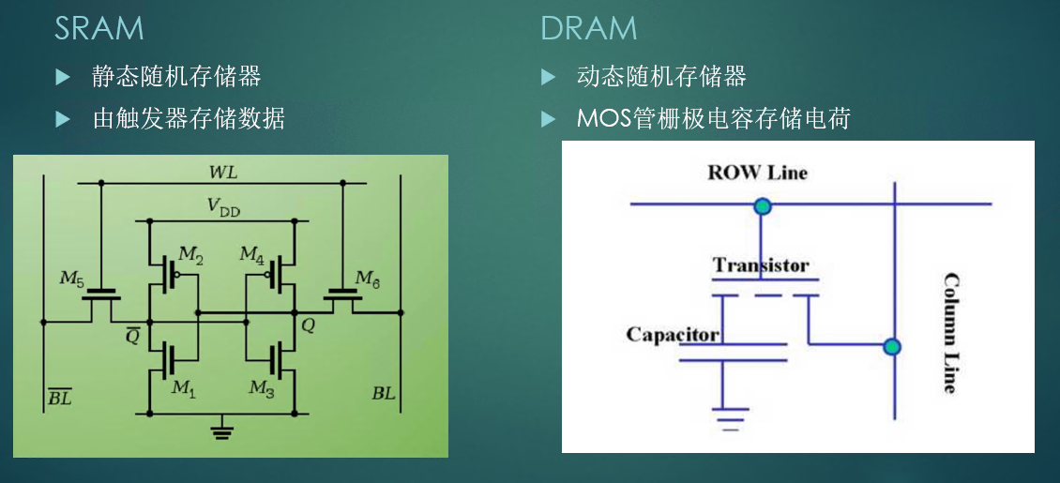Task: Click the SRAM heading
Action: [98, 28]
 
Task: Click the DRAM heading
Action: [588, 28]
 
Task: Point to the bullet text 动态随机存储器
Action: [661, 76]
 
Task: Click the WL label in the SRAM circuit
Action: [223, 172]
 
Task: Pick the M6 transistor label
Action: [370, 278]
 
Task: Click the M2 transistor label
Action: [190, 254]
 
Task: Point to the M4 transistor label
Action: [251, 254]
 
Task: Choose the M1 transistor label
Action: [184, 387]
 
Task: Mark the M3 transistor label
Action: [262, 387]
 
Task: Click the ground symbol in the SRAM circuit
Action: [221, 430]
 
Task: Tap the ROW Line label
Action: [757, 173]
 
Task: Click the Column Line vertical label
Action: [949, 333]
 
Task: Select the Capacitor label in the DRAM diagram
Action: [673, 335]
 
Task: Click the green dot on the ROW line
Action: [763, 205]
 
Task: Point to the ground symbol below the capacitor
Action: [722, 416]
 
